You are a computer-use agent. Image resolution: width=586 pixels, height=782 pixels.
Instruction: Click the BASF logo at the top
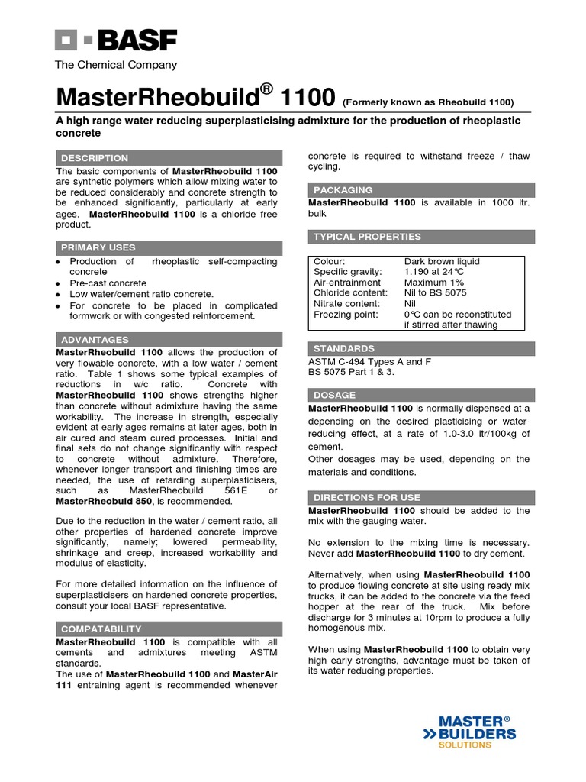coord(115,40)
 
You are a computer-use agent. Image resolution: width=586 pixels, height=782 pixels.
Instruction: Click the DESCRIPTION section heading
coord(95,158)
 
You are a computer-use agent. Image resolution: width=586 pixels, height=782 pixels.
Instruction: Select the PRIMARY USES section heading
coord(98,247)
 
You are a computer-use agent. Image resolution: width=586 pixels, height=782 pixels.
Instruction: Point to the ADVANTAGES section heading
coord(95,339)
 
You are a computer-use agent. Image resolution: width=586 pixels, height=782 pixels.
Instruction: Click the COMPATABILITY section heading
coord(101,629)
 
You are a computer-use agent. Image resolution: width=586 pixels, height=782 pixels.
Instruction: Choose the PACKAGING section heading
coord(343,189)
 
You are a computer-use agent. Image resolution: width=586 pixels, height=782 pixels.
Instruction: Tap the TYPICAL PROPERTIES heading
coord(367,237)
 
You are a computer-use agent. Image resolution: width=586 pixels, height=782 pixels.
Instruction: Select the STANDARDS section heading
coord(344,348)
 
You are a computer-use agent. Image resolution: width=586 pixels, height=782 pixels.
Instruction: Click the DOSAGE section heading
coord(334,395)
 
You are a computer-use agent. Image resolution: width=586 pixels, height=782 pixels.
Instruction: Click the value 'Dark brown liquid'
coord(442,261)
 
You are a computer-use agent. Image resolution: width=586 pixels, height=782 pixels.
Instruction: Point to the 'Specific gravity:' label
coord(348,272)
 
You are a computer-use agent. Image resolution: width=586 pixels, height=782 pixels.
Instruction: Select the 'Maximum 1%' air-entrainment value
coord(433,283)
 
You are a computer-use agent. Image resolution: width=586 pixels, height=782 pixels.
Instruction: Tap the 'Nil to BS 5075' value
coord(435,292)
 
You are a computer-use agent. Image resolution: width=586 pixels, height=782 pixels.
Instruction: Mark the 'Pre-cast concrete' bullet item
coord(108,283)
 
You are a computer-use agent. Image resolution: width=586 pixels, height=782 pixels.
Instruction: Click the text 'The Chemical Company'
coord(116,65)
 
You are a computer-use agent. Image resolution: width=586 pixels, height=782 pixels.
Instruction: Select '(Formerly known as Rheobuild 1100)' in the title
coord(428,102)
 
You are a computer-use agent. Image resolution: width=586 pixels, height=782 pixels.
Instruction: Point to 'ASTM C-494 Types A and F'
coord(369,362)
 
